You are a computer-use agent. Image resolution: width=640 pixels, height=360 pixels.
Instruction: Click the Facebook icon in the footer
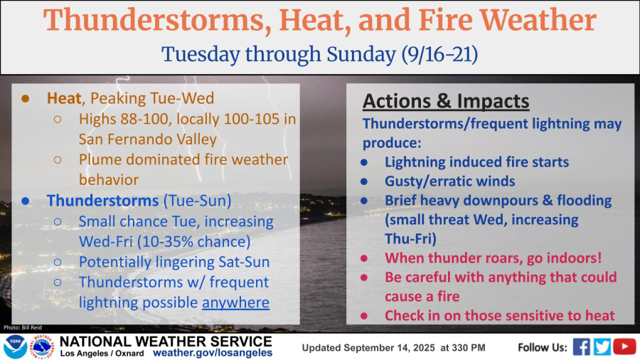[581, 346]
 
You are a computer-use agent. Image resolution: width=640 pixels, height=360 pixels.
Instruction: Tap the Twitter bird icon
[602, 346]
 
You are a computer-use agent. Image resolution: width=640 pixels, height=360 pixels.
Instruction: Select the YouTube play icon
[624, 346]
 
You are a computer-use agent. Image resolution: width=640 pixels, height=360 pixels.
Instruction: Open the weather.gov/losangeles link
[213, 353]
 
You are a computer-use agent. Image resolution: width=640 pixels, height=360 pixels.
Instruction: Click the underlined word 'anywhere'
[235, 302]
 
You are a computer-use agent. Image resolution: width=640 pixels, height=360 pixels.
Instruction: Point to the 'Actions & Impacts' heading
[446, 101]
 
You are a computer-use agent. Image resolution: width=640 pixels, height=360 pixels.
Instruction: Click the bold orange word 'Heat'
[63, 97]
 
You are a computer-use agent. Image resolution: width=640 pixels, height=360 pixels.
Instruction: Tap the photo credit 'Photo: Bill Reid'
[21, 327]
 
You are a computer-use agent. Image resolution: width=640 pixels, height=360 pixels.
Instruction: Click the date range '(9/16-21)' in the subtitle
[442, 54]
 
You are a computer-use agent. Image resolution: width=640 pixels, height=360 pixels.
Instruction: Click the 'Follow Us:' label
[541, 347]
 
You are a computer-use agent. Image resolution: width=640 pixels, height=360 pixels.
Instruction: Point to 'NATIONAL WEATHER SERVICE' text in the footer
[166, 342]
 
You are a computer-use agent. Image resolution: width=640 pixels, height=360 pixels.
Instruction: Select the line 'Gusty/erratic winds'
[449, 181]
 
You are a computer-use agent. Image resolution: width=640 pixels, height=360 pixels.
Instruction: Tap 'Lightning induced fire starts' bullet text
[476, 162]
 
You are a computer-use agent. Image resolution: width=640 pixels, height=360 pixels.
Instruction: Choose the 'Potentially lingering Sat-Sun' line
[174, 262]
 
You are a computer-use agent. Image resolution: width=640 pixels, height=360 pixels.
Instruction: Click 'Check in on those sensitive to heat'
[500, 315]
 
